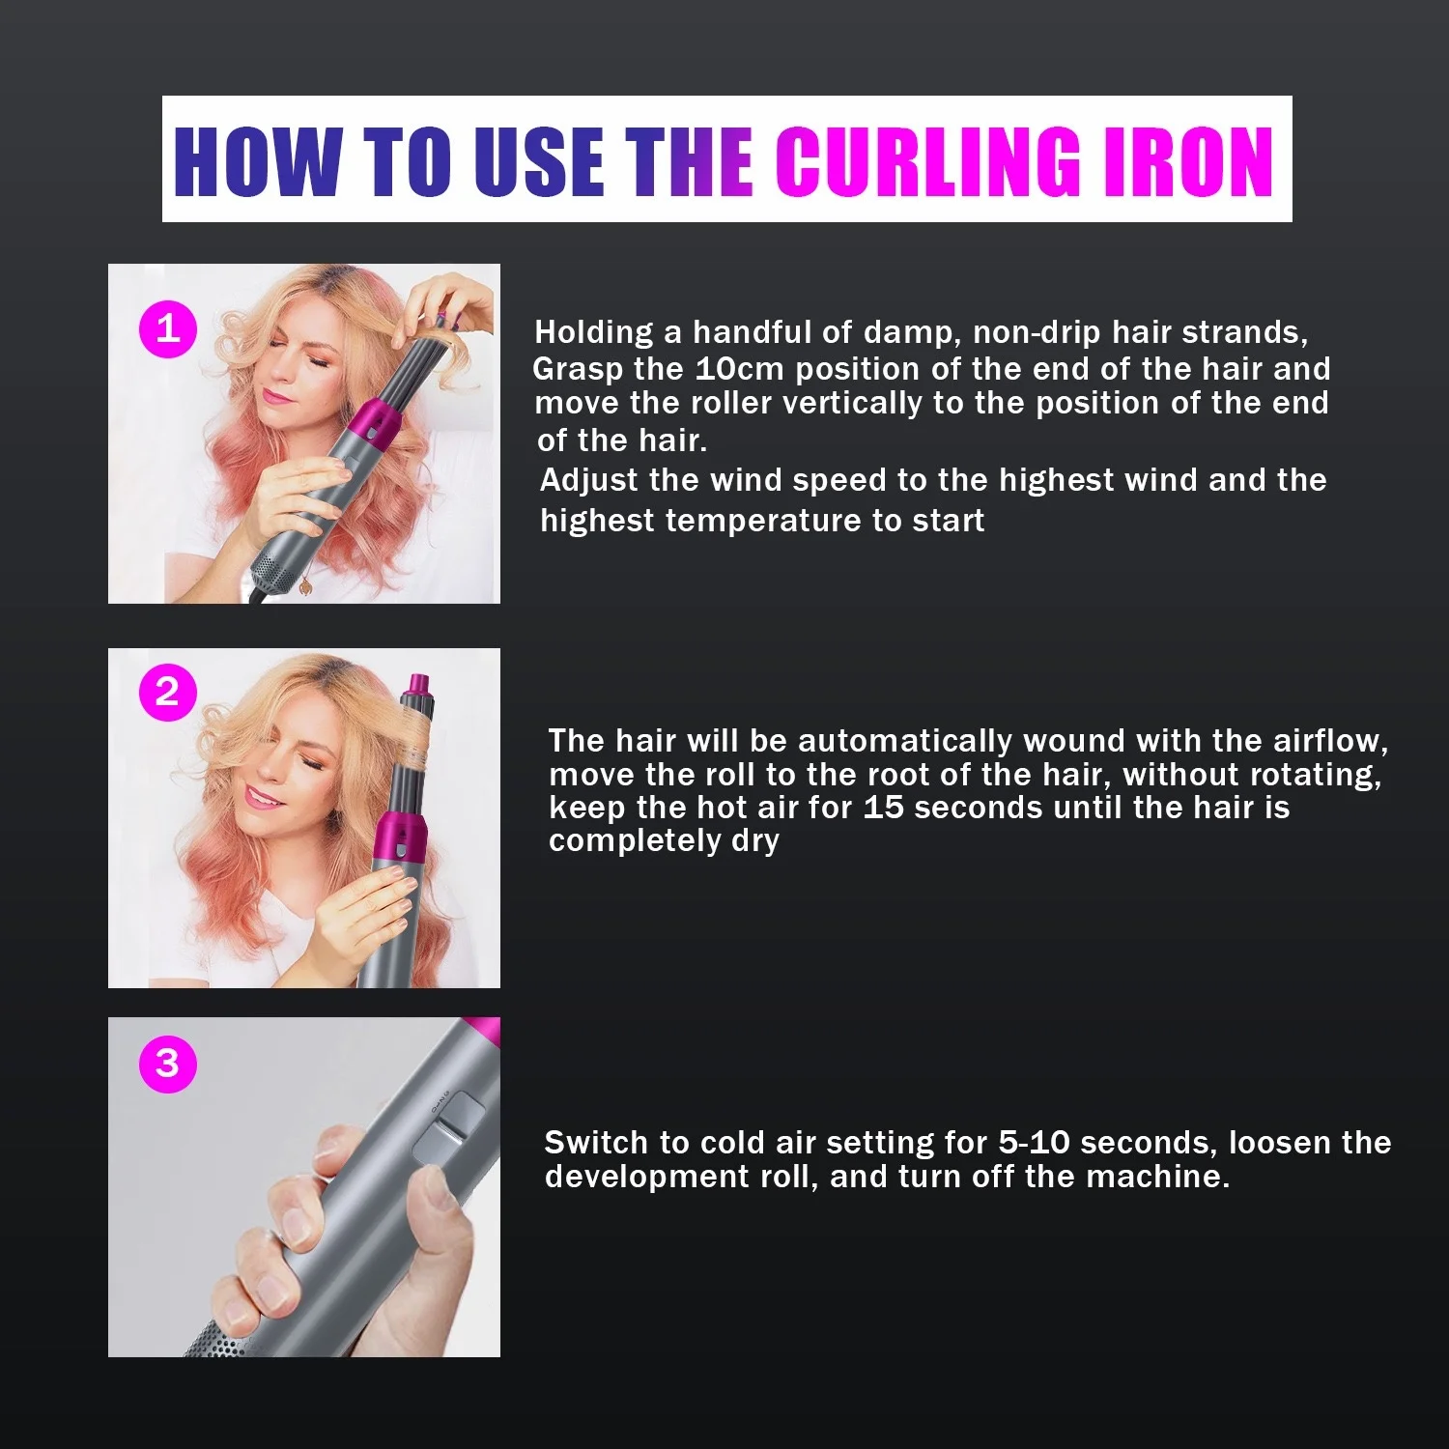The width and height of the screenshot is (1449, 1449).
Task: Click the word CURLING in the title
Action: coord(930,161)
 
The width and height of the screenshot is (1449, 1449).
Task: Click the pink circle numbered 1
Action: coord(168,329)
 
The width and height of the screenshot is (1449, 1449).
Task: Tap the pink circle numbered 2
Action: coord(168,693)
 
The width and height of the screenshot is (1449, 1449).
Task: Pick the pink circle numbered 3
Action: coord(168,1064)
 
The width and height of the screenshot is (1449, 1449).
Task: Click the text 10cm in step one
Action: coord(739,369)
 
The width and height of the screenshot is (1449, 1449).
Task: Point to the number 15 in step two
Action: coord(883,808)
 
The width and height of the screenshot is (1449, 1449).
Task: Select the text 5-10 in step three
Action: coord(1034,1143)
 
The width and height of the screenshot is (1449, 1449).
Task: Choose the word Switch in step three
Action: coord(596,1143)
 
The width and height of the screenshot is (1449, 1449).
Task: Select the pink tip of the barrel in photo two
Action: coord(420,688)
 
